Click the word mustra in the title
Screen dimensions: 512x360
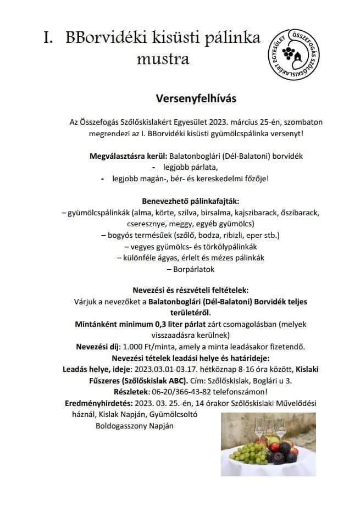[163, 58]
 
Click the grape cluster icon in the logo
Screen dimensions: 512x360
[289, 53]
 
